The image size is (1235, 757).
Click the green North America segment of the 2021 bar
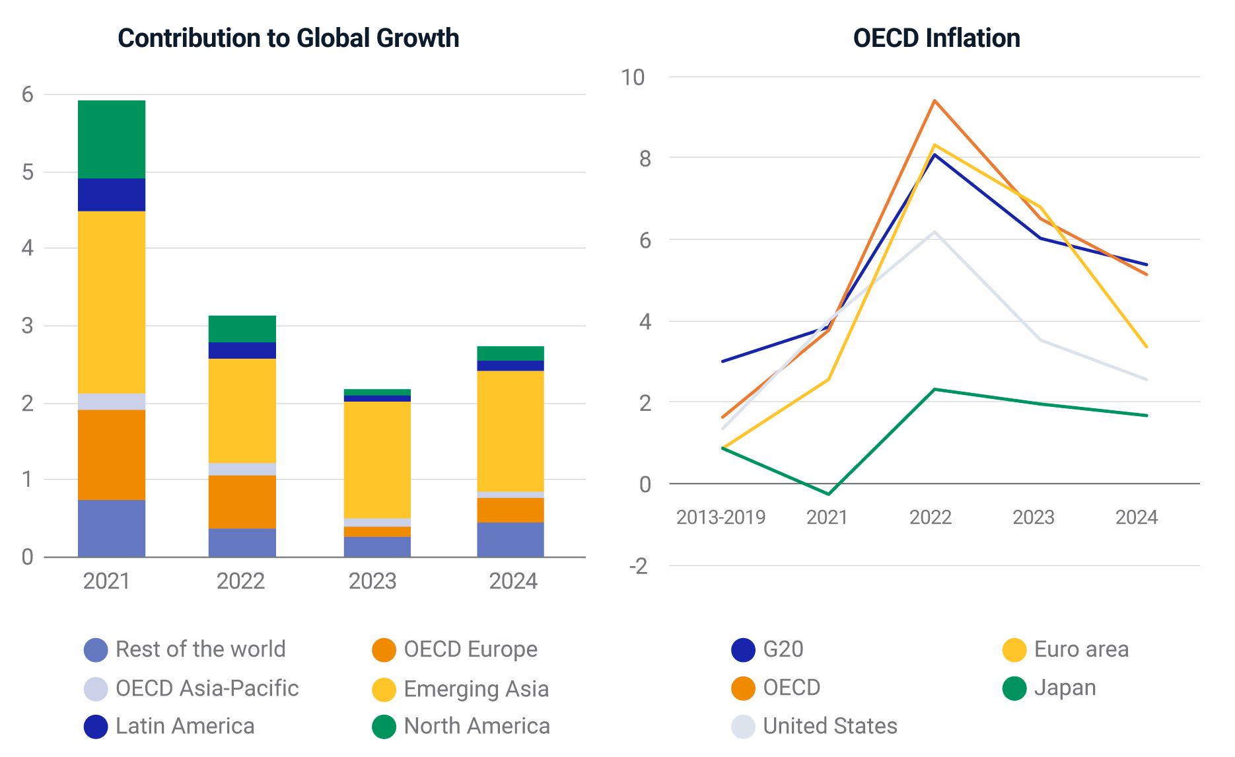pos(112,139)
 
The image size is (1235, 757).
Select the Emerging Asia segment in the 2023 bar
pos(377,460)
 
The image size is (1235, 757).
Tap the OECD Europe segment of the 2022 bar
pos(242,502)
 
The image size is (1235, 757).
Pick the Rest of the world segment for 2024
pos(511,540)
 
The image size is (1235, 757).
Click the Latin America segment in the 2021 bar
pos(112,195)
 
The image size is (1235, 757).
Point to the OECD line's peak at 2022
pos(935,101)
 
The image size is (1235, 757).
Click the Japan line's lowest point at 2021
pos(829,493)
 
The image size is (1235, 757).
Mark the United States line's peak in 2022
pos(935,232)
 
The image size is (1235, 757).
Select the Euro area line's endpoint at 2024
pos(1146,346)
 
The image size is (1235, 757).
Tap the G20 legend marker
pos(743,650)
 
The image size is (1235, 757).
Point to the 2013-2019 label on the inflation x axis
pos(721,517)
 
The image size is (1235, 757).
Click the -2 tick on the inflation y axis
pos(638,566)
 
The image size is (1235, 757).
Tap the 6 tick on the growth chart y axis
pos(27,94)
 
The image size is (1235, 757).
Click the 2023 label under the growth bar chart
pos(372,581)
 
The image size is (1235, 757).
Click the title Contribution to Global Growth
pos(288,38)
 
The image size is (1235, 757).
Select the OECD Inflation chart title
pos(936,38)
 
